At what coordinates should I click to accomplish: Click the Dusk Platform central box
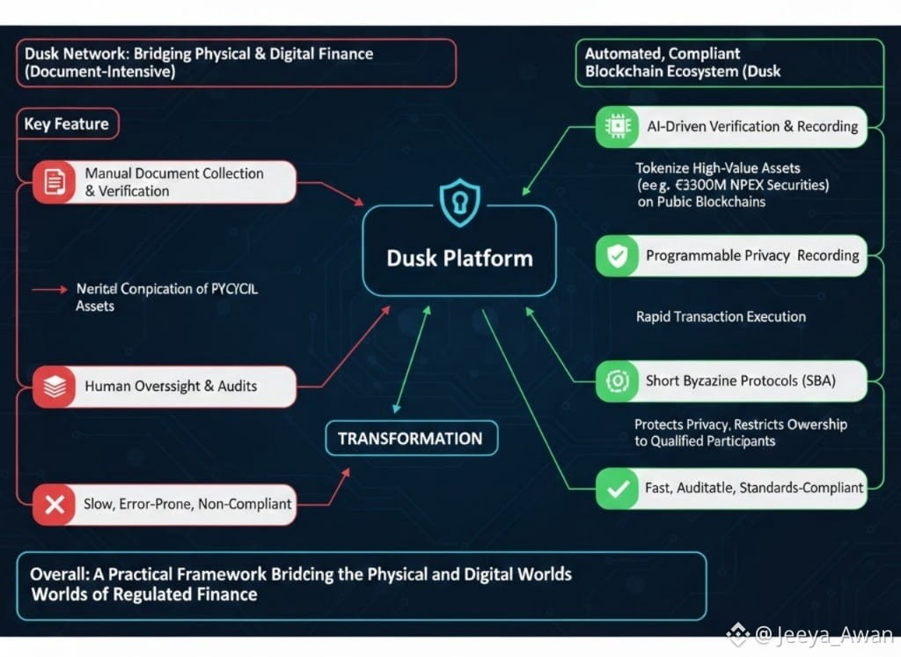pyautogui.click(x=459, y=257)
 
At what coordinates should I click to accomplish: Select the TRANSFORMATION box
pyautogui.click(x=410, y=439)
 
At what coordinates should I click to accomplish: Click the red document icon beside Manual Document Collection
pyautogui.click(x=55, y=182)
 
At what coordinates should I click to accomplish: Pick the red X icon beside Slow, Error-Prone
pyautogui.click(x=55, y=505)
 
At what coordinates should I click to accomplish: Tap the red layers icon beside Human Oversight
pyautogui.click(x=55, y=386)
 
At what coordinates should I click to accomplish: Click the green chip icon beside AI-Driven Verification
pyautogui.click(x=615, y=127)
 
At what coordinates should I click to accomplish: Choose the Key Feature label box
pyautogui.click(x=67, y=124)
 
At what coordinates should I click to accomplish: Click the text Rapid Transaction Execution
pyautogui.click(x=721, y=316)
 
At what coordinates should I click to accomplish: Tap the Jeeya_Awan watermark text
pyautogui.click(x=823, y=634)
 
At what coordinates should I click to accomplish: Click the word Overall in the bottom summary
pyautogui.click(x=58, y=574)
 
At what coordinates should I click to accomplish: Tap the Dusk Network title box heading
pyautogui.click(x=199, y=54)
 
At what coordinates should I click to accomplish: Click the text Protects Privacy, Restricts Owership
pyautogui.click(x=741, y=424)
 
